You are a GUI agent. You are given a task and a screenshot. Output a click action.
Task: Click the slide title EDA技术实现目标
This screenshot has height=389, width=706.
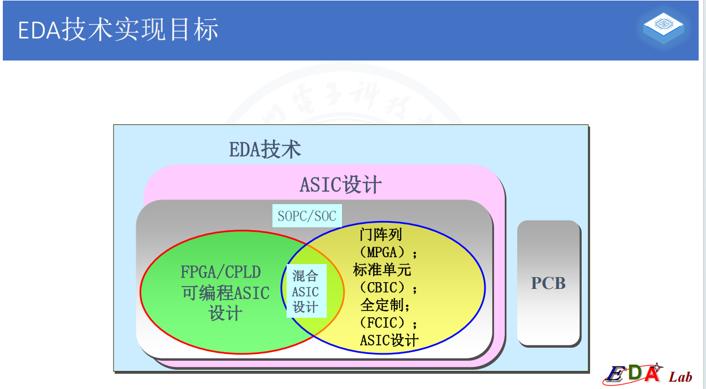[x=118, y=30]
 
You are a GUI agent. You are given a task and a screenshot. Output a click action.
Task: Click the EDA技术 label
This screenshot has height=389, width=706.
[x=265, y=150]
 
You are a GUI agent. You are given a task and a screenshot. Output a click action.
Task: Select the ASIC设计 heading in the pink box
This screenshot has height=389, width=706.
[x=340, y=185]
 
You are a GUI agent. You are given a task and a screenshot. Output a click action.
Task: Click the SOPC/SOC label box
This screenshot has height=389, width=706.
[x=307, y=215]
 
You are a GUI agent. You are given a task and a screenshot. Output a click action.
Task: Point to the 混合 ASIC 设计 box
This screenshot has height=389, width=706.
[x=306, y=291]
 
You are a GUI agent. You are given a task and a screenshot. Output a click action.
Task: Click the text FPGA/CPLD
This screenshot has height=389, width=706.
[x=220, y=272]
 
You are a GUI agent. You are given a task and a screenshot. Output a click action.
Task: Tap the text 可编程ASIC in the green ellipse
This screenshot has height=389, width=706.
[x=225, y=293]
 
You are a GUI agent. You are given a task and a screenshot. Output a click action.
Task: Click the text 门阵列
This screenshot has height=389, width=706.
[x=381, y=234]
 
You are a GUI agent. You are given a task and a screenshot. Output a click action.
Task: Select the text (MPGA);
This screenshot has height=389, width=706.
[x=388, y=252]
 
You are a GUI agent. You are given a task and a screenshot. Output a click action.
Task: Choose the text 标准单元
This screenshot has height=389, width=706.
[x=382, y=270]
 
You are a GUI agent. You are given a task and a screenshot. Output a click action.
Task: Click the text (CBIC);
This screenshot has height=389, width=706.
[x=388, y=287]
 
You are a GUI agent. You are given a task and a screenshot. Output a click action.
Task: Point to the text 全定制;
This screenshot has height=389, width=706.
[x=385, y=305]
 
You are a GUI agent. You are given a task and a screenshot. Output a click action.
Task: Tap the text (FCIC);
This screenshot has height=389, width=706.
[x=388, y=323]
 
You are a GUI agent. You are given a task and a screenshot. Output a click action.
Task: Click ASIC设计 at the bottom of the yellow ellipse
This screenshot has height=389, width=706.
[x=389, y=340]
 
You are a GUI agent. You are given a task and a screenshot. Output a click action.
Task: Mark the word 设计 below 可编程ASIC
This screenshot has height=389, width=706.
[x=225, y=313]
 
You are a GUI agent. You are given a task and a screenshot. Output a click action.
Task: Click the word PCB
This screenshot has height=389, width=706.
[x=548, y=283]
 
